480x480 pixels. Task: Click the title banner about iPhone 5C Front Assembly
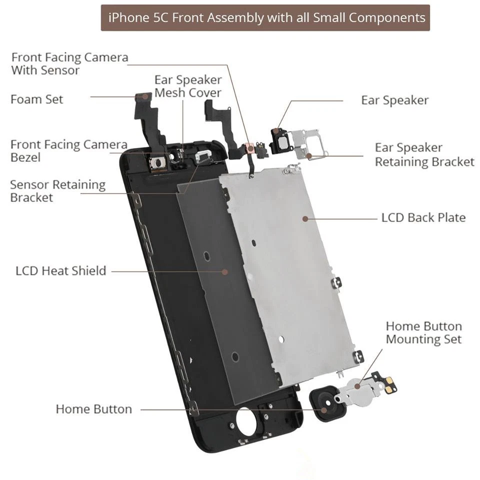pos(265,18)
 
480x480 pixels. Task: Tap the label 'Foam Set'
pos(37,99)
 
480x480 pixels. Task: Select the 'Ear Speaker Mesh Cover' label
pos(188,86)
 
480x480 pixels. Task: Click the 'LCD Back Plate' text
pos(423,217)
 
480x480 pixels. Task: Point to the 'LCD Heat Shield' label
pos(61,271)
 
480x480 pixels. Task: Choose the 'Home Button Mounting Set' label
pos(423,333)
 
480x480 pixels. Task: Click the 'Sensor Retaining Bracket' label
pos(57,191)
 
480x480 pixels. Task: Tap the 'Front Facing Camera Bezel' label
pos(68,151)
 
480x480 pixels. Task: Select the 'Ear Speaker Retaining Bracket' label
pos(424,155)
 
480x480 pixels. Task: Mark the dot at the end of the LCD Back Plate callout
pos(304,218)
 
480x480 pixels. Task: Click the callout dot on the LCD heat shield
pos(225,272)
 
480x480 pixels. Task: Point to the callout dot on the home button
pos(324,409)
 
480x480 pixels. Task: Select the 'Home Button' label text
pos(93,409)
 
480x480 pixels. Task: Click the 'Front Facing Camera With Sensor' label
pos(69,63)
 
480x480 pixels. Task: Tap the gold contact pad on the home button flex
pos(388,381)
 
